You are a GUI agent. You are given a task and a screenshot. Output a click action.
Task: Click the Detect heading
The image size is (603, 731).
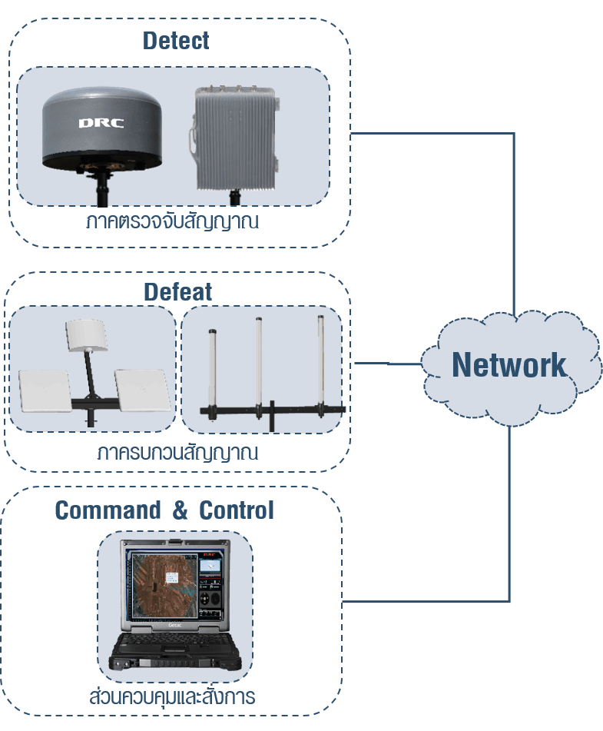pos(176,41)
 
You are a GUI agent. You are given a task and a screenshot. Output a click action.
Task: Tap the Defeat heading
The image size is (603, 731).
pos(177,292)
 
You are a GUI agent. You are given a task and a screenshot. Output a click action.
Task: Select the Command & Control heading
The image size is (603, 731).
pos(164,510)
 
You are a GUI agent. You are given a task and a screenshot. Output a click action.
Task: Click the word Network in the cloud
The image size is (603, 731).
pos(509,364)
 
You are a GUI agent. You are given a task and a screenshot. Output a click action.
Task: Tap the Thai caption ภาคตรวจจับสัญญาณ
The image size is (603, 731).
pos(172,223)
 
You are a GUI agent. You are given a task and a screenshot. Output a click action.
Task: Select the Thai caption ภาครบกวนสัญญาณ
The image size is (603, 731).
pos(177,452)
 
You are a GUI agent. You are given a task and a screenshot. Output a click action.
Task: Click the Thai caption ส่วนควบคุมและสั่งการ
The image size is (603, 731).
pos(172,698)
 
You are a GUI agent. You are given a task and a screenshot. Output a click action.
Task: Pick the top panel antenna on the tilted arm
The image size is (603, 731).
pos(84,334)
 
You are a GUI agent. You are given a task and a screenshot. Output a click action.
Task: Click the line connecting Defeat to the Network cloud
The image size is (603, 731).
pos(388,363)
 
